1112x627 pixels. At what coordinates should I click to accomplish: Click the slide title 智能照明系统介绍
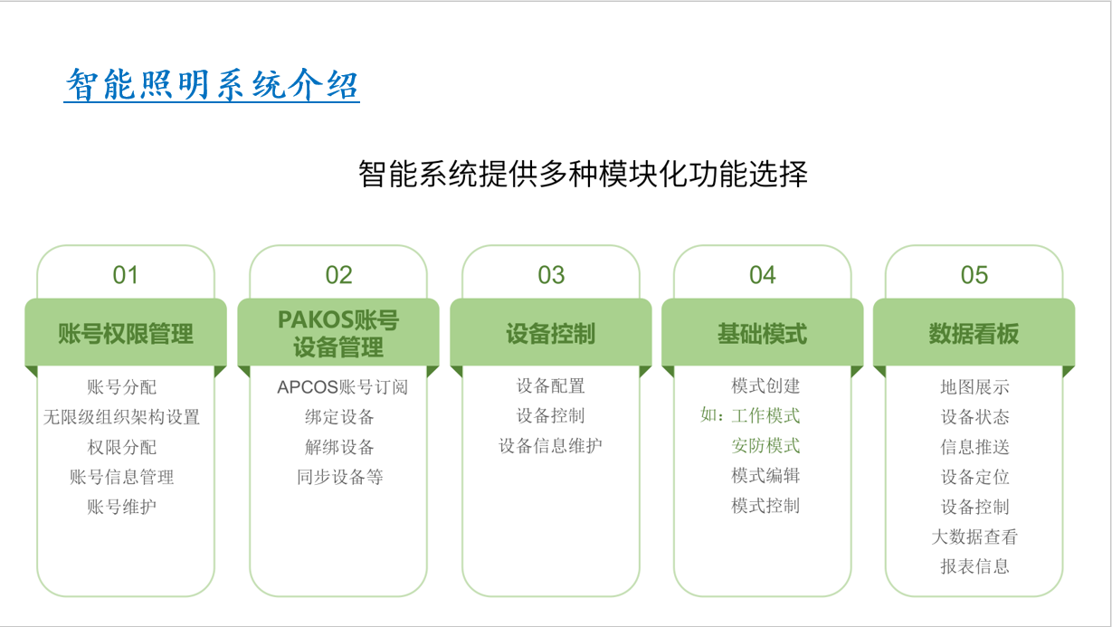pos(212,84)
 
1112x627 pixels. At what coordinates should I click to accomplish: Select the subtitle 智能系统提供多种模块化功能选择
pos(583,175)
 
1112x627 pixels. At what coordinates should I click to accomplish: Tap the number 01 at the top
pos(125,275)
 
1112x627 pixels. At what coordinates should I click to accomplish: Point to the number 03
pos(551,275)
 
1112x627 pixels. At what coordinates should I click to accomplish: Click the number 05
pos(974,275)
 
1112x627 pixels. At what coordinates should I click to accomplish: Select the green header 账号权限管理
pos(126,333)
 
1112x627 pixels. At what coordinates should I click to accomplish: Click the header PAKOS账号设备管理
pos(338,333)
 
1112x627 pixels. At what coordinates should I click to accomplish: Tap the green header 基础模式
pos(762,333)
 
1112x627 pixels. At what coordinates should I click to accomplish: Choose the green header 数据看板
pos(974,333)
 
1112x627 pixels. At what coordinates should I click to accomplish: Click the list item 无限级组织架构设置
pos(121,417)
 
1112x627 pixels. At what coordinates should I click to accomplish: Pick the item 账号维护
pos(121,507)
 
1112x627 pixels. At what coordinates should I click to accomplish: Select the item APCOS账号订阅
pos(343,387)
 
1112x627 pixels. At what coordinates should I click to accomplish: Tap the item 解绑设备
pos(339,447)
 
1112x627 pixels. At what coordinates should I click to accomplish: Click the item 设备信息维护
pos(550,446)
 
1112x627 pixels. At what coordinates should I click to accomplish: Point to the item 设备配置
pos(550,385)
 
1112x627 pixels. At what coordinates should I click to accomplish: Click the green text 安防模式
pos(765,446)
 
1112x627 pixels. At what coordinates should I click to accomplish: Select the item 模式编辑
pos(765,476)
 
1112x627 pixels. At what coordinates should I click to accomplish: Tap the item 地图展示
pos(975,387)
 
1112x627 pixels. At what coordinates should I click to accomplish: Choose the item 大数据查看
pos(975,537)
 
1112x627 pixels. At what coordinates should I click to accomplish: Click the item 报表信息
pos(975,566)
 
